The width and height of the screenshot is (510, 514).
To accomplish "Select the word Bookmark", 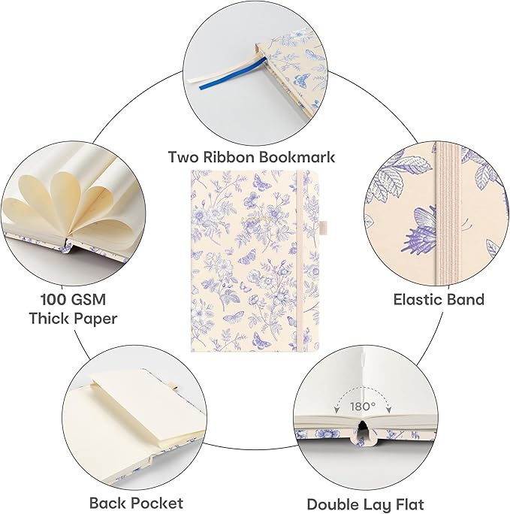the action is (x=296, y=157).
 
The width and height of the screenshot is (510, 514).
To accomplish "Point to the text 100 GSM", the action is (x=73, y=299).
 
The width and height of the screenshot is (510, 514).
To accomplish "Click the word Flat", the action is (x=409, y=504).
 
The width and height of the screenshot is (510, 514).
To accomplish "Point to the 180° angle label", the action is (x=363, y=407).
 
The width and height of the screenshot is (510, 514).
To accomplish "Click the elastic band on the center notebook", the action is (x=300, y=262).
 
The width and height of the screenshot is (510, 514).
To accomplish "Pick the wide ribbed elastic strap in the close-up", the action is (x=446, y=213).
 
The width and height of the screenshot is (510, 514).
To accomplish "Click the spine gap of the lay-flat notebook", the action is (x=362, y=428).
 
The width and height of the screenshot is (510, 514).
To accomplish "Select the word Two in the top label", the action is (x=183, y=157).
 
